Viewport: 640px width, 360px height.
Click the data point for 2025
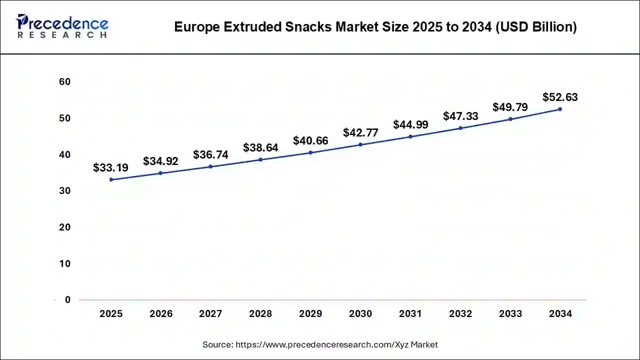pos(111,179)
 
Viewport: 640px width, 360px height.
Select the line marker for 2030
pos(360,144)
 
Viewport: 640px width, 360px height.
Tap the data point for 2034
pos(560,109)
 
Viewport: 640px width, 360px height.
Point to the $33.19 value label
pos(110,167)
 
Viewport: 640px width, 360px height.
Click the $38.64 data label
pos(260,147)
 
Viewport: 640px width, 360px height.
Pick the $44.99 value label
pos(410,124)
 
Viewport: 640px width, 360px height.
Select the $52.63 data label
pos(560,97)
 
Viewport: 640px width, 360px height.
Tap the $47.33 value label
pos(460,116)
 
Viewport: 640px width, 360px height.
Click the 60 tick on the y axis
pos(64,81)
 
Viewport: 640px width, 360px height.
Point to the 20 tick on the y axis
pos(64,227)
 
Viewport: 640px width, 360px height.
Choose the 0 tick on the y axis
pos(67,300)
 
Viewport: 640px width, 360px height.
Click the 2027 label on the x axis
pos(210,314)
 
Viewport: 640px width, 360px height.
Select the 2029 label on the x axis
pos(310,314)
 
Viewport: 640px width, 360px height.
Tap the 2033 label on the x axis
pos(510,314)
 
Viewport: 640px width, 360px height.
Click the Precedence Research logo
pos(62,26)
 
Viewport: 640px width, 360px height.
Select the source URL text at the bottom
pos(320,344)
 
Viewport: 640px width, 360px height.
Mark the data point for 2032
pos(460,128)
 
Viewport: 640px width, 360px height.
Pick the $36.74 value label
pos(210,154)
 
